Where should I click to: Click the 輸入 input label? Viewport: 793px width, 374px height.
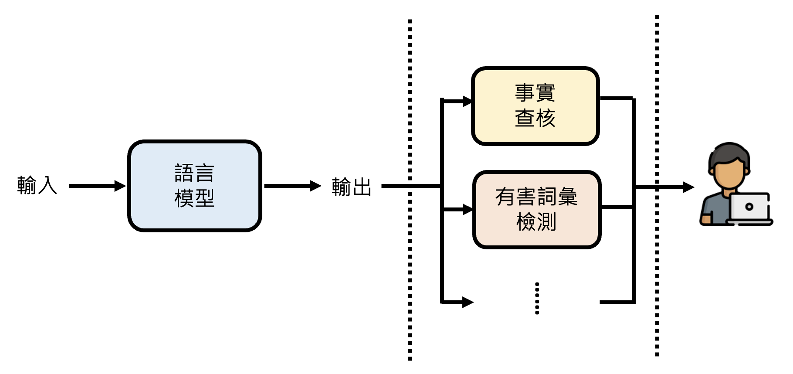37,185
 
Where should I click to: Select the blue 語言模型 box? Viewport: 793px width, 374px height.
194,186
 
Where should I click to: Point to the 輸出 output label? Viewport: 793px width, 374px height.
351,187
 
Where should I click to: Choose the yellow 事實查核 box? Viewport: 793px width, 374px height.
535,106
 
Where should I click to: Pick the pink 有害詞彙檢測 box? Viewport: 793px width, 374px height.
537,210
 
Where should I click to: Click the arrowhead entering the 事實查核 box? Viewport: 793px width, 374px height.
467,102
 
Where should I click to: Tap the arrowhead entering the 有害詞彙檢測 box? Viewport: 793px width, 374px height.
468,210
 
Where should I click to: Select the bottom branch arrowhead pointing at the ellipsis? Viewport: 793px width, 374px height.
468,302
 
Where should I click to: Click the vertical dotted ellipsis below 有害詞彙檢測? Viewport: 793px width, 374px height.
537,298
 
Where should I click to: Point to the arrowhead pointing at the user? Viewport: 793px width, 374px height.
688,187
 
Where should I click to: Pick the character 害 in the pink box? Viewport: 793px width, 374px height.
526,197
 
